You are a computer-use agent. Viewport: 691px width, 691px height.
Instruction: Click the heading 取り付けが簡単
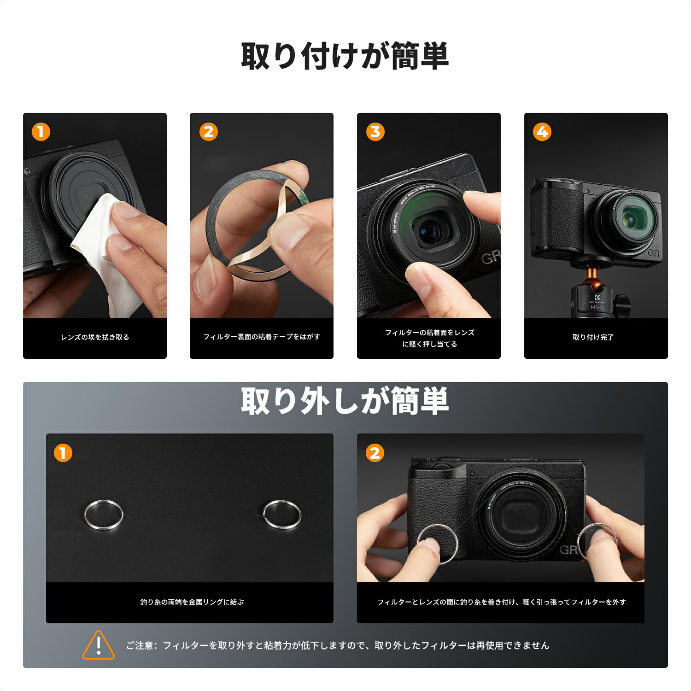pos(345,56)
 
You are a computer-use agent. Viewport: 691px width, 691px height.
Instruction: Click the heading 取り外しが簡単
pos(345,401)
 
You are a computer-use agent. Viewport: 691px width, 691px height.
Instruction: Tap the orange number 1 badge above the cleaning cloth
pos(41,132)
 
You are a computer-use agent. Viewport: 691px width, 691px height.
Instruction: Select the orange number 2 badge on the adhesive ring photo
pos(208,132)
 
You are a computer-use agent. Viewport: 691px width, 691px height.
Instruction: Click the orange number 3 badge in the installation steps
pos(375,132)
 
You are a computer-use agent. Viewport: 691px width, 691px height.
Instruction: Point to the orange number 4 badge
pos(542,132)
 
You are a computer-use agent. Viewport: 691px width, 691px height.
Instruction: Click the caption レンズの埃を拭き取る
pos(95,337)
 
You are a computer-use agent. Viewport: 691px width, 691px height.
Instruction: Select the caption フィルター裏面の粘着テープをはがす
pos(262,337)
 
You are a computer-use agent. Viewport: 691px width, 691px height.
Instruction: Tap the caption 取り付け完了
pos(593,337)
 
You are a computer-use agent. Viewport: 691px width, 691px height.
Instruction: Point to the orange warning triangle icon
pos(98,645)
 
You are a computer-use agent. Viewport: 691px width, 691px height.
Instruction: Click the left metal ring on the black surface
pos(104,515)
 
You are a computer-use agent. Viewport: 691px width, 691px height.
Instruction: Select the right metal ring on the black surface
pos(281,514)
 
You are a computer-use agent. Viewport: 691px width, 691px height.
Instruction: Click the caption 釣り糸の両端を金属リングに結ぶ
pos(192,602)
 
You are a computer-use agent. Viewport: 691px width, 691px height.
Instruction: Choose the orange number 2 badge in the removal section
pos(375,453)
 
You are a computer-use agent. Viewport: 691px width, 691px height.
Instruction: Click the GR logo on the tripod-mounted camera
pos(653,253)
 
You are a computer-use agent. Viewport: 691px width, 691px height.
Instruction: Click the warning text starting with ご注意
pos(338,645)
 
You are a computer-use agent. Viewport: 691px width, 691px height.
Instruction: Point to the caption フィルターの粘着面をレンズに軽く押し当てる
pos(429,338)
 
